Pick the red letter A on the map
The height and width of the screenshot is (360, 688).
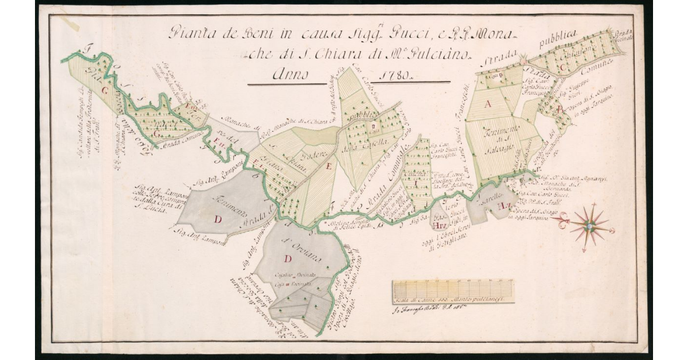tap(489, 104)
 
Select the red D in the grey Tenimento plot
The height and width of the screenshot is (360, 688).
tap(217, 219)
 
